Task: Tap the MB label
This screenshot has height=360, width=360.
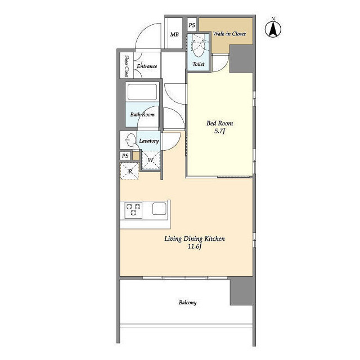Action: pos(174,34)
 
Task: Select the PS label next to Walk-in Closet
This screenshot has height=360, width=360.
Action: pos(191,25)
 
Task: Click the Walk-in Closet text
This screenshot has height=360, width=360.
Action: pos(228,34)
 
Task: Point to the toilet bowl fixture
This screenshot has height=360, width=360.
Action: pos(198,44)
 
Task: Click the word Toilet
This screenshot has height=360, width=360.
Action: pos(199,64)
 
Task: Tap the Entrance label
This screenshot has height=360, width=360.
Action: pos(146,66)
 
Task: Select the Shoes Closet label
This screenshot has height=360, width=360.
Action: pos(127,66)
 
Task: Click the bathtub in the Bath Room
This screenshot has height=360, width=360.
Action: pos(143,92)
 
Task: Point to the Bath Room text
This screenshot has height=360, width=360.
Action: pos(142,115)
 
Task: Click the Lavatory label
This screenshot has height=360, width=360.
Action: pos(149,141)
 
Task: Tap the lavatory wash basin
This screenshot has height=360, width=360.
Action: pos(128,141)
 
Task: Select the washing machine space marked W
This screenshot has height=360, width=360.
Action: pos(150,160)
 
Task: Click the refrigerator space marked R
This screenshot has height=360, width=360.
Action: pos(130,171)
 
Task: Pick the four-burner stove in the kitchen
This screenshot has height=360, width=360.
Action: pos(133,209)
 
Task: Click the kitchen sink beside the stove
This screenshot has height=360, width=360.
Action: pos(159,209)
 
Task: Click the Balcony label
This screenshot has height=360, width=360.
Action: pos(187,303)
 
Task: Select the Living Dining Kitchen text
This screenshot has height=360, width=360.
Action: pos(194,239)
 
